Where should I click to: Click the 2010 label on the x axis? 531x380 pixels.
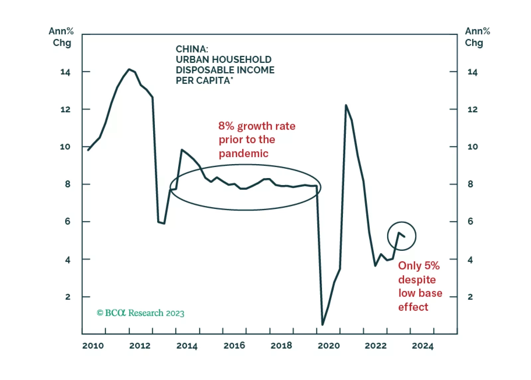click(x=93, y=346)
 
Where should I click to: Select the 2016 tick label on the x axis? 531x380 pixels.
click(x=234, y=346)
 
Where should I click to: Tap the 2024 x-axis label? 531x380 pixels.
click(x=422, y=346)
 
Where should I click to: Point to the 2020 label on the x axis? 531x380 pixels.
click(x=328, y=346)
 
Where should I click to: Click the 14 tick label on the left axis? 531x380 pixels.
click(x=65, y=72)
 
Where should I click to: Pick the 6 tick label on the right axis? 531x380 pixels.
click(x=470, y=222)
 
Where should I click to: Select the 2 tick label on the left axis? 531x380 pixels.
click(x=68, y=297)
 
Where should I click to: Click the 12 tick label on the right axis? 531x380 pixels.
click(x=472, y=110)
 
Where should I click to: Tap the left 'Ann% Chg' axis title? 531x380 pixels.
click(x=61, y=37)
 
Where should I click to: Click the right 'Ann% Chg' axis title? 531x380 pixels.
click(x=477, y=37)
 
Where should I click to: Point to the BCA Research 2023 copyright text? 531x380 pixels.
click(x=140, y=313)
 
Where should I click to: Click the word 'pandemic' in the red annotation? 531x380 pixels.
click(x=243, y=153)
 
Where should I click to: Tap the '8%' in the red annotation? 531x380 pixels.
click(x=226, y=126)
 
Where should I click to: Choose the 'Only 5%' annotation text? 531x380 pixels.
click(x=419, y=266)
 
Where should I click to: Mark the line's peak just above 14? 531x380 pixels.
click(x=129, y=69)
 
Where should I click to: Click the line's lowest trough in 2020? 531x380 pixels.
click(x=322, y=325)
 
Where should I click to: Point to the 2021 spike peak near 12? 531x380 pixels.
click(x=346, y=105)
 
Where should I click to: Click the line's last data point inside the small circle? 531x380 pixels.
click(x=404, y=237)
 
